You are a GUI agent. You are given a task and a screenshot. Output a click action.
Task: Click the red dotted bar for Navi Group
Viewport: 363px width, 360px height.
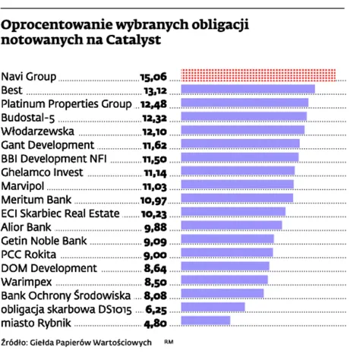click(258, 75)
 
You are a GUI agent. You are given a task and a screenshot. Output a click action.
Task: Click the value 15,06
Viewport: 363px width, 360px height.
click(153, 76)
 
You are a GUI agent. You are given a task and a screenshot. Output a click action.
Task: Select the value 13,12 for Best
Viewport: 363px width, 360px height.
click(155, 90)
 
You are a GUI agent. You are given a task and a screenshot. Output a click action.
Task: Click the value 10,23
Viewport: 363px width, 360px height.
click(154, 212)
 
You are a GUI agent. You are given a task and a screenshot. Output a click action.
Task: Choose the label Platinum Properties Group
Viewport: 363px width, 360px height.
click(66, 103)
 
